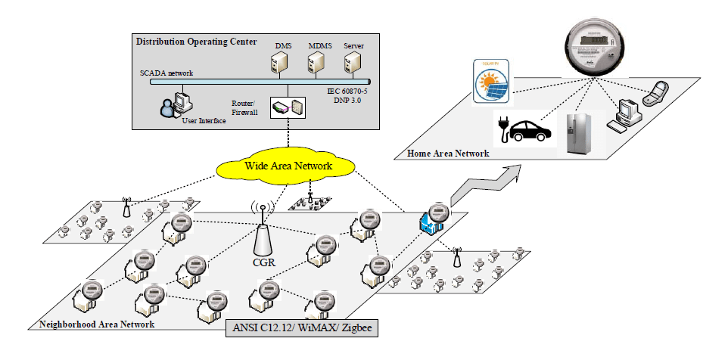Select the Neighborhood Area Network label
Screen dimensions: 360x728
(x=96, y=324)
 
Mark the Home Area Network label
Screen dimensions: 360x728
(x=448, y=154)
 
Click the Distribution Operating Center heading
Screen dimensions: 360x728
(x=196, y=41)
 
